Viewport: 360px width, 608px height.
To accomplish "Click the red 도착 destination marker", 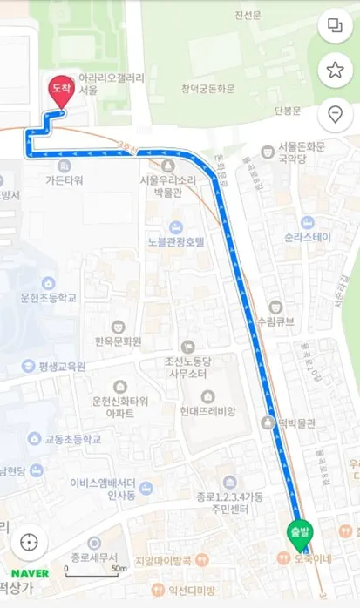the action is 60,91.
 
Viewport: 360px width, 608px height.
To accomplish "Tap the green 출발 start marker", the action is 298,531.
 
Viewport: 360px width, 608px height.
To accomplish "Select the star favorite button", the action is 334,70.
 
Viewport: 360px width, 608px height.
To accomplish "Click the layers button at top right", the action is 334,25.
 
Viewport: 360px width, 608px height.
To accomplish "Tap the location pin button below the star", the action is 334,114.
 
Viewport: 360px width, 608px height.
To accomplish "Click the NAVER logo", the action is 30,573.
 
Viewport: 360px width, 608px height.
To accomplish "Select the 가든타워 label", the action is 64,179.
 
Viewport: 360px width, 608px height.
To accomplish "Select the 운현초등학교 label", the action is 49,297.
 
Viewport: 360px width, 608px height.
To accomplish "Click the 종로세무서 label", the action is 96,556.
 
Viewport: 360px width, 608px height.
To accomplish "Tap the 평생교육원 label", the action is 61,367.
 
